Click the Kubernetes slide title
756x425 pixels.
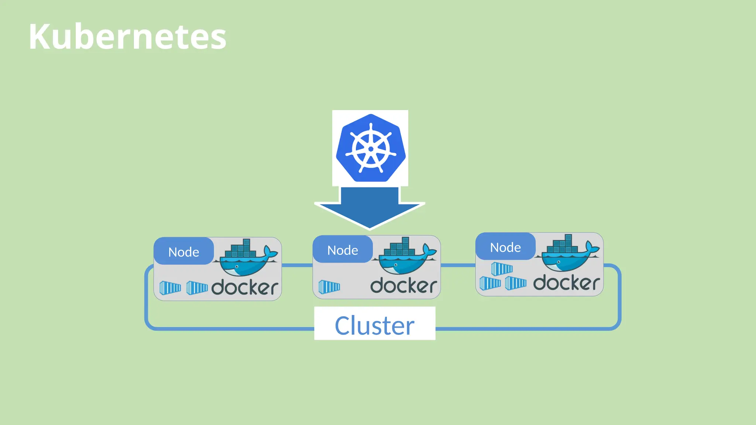(x=127, y=37)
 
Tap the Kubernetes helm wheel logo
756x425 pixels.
(x=370, y=148)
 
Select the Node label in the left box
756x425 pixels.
(x=183, y=252)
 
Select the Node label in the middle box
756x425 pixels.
(x=343, y=250)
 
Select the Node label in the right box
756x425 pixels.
(x=505, y=247)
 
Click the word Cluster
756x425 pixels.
(x=374, y=325)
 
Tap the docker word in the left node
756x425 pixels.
(x=245, y=287)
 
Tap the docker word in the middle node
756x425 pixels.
(x=404, y=286)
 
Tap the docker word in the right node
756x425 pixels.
(x=566, y=283)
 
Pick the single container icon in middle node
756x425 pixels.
(x=329, y=287)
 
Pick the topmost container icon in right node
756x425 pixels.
(x=502, y=269)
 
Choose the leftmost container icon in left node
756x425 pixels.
(x=170, y=288)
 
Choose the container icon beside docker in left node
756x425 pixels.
(x=197, y=288)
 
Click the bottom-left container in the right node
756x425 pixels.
(x=490, y=283)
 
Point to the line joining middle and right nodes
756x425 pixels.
(x=458, y=265)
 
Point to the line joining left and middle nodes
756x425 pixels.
(x=297, y=265)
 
